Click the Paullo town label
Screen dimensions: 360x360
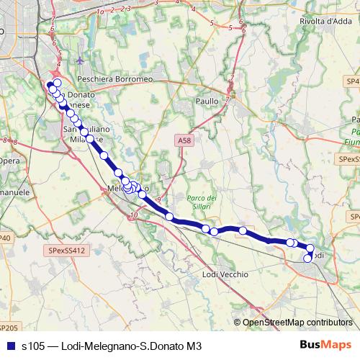point(206,102)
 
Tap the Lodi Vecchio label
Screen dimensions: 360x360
point(225,274)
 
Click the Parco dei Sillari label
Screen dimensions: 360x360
point(202,202)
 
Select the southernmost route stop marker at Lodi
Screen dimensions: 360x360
point(308,259)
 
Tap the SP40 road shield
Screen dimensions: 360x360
point(6,238)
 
